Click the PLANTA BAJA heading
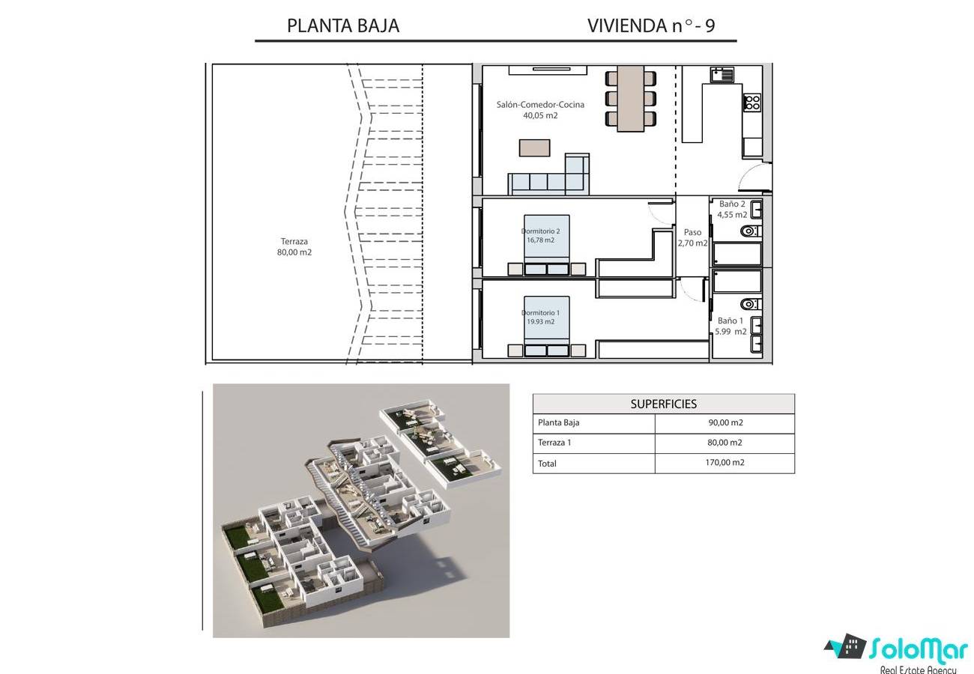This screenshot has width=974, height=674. [x=343, y=25]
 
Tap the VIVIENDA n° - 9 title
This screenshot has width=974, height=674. [x=651, y=25]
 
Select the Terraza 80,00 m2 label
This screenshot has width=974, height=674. [x=294, y=247]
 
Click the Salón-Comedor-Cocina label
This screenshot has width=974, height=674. [x=540, y=104]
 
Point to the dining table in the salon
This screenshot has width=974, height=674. [x=631, y=99]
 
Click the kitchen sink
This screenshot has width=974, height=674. [x=722, y=75]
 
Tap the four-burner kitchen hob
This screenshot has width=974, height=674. [x=751, y=103]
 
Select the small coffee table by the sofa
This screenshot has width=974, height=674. [x=534, y=148]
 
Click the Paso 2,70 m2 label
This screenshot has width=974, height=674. [x=692, y=237]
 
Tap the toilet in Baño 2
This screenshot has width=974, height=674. [x=751, y=231]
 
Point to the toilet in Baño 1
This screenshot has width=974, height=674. [x=751, y=304]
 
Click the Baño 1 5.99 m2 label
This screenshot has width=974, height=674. [x=730, y=326]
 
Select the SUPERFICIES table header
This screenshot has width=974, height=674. [x=664, y=404]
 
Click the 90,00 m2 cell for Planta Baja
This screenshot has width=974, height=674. [x=725, y=422]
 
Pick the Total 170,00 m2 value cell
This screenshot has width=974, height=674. [x=725, y=462]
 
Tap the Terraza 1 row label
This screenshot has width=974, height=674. [x=554, y=443]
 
